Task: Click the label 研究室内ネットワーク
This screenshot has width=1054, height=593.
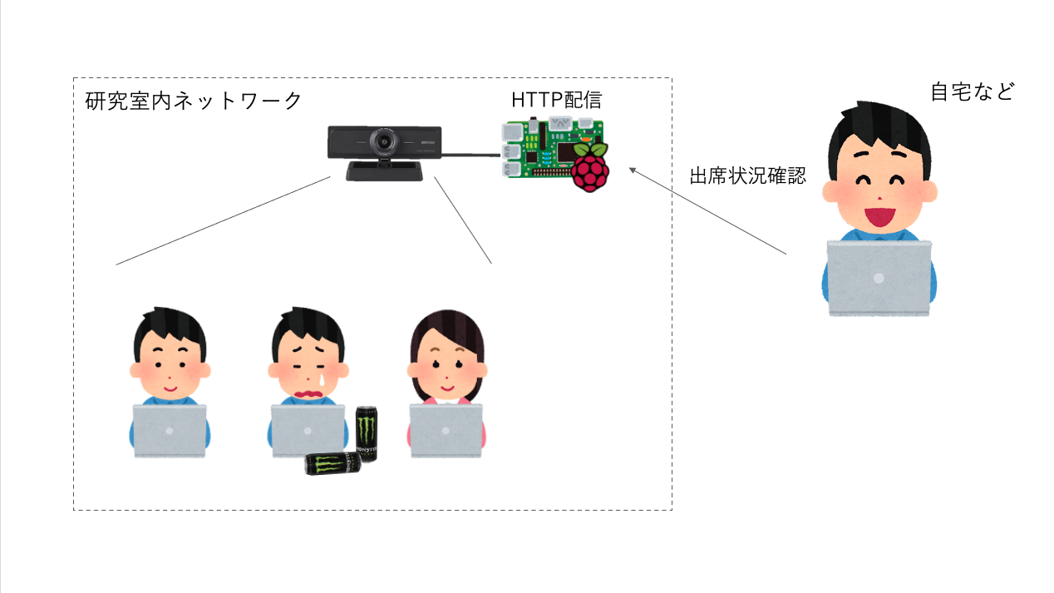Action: click(x=194, y=101)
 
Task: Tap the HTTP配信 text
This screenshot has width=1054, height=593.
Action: click(x=556, y=101)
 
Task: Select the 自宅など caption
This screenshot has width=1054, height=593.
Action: click(x=972, y=91)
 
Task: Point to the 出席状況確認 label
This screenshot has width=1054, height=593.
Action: click(x=747, y=175)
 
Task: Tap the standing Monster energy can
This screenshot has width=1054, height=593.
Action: click(x=367, y=433)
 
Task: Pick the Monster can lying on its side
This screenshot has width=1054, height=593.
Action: click(x=332, y=464)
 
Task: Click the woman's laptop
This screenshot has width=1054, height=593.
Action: click(x=446, y=430)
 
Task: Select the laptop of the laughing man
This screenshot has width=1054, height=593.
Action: click(x=879, y=278)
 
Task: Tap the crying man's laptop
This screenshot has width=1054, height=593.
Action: click(x=308, y=430)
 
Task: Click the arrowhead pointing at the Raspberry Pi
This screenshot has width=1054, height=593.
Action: click(x=633, y=170)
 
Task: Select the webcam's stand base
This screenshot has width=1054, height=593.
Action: click(x=388, y=171)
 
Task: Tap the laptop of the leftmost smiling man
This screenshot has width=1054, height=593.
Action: click(x=170, y=430)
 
